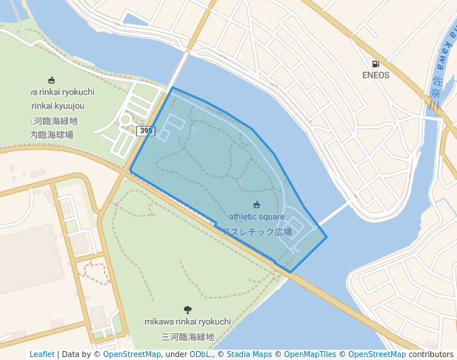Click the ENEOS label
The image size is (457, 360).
point(376,75)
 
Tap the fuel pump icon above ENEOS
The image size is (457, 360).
point(376,64)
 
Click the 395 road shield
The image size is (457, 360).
point(146,130)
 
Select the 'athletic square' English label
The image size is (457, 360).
point(256,217)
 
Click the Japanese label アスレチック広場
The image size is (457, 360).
point(256,232)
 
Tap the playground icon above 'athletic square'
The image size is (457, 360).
point(256,205)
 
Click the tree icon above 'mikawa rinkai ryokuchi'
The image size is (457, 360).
point(187,310)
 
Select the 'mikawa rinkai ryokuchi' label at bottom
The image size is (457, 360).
point(187,322)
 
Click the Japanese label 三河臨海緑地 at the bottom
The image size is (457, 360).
point(187,337)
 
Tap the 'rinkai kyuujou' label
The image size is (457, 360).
point(62,106)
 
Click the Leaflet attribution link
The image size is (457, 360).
point(41,355)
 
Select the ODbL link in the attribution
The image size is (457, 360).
point(200,355)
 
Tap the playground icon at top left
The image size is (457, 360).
point(51,80)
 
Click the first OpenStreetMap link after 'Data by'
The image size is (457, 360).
point(132,355)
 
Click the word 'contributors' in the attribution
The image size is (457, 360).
point(431,355)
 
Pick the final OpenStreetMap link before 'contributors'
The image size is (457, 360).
point(376,355)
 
